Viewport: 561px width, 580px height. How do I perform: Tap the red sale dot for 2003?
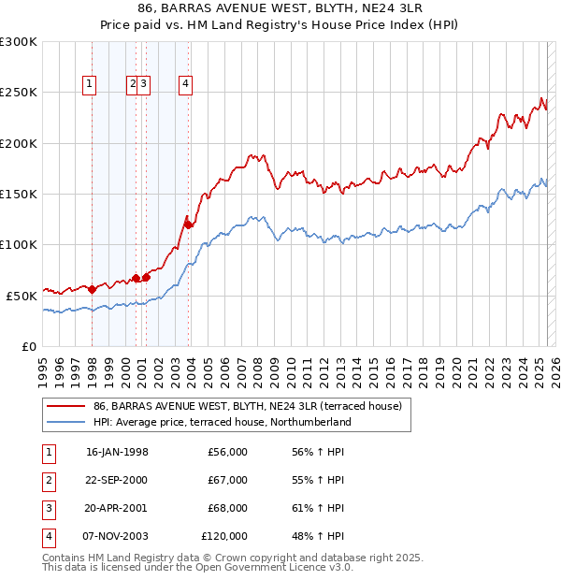point(188,225)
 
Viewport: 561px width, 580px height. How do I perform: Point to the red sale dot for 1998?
point(92,289)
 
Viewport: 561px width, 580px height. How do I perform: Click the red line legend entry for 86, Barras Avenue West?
point(248,406)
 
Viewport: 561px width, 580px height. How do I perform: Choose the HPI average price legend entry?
point(222,422)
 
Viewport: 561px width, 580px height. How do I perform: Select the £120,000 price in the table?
point(224,536)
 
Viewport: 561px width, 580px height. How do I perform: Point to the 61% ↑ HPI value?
point(318,508)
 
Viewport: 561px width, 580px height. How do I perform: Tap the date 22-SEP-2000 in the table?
point(117,480)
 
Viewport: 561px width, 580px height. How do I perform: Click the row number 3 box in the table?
point(47,508)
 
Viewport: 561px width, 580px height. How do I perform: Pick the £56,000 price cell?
point(228,452)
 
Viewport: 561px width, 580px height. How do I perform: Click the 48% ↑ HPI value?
point(318,536)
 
